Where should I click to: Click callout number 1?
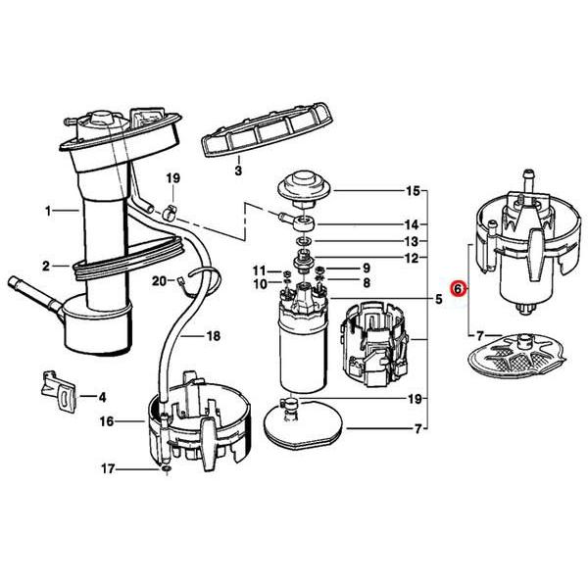[47, 209]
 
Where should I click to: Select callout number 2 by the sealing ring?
[46, 265]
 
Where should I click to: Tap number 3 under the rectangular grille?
[237, 171]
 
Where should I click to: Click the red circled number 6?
[457, 290]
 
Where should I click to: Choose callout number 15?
[413, 190]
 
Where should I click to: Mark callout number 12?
[413, 258]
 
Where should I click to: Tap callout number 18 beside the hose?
[213, 335]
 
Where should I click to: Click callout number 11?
[260, 269]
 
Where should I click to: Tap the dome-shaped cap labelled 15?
[303, 186]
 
